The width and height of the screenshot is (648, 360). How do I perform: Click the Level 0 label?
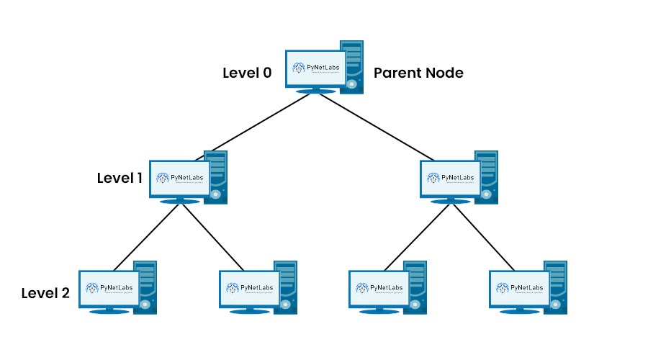(x=247, y=73)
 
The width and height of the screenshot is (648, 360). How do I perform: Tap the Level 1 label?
(x=120, y=177)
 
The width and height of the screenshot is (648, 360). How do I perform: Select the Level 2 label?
(x=45, y=293)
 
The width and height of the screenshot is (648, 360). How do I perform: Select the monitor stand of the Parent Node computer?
(x=315, y=91)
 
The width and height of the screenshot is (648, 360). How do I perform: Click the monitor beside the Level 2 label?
(x=109, y=288)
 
